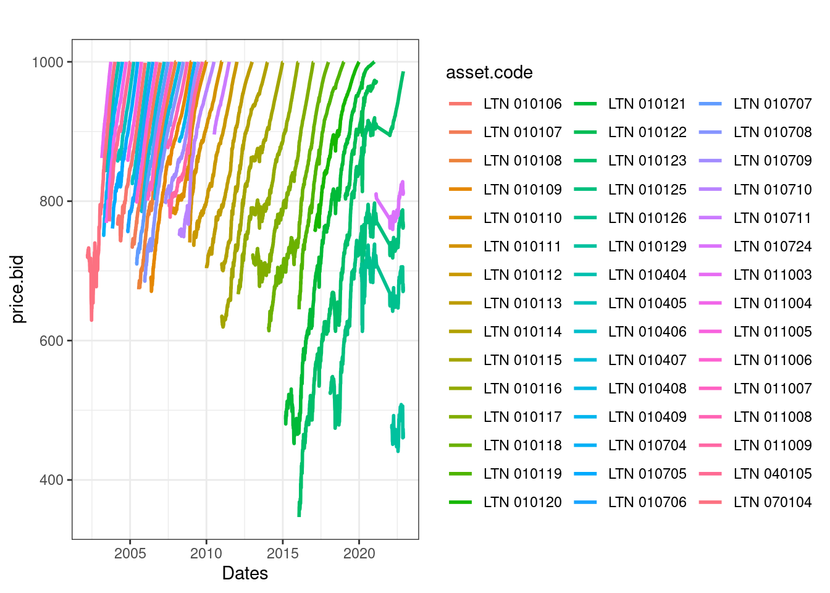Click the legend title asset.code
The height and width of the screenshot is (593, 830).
tap(489, 73)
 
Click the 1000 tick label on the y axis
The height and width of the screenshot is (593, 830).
tap(48, 62)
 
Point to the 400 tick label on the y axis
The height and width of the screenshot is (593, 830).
tap(51, 480)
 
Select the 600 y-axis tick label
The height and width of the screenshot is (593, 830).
tap(51, 341)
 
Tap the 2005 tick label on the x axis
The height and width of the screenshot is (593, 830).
tap(130, 553)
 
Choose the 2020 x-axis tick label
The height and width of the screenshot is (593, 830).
tap(359, 553)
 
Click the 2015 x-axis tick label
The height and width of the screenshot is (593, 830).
tap(282, 553)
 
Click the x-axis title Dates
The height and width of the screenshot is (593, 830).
tap(245, 573)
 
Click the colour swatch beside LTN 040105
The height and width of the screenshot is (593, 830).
tap(710, 474)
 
